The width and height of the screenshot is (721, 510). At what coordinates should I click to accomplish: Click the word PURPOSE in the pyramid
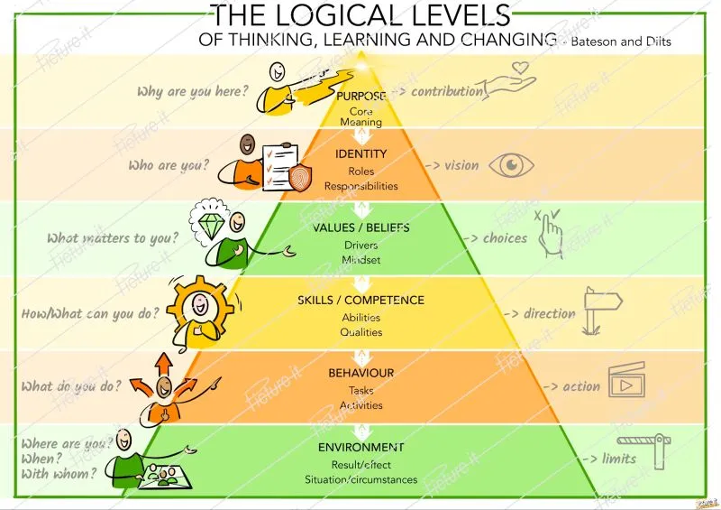361,96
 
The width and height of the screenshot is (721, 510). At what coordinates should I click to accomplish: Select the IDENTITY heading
361,154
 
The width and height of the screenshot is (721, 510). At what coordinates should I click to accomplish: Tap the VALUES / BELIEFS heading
361,227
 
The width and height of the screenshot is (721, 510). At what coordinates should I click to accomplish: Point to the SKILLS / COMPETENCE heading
360,301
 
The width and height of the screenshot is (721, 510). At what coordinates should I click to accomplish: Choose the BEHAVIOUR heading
360,373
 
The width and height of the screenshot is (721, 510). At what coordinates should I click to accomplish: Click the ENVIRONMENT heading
360,447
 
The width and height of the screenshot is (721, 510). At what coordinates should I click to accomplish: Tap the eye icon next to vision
511,165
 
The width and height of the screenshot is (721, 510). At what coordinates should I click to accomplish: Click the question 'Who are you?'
169,166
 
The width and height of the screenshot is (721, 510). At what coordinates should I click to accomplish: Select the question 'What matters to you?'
113,238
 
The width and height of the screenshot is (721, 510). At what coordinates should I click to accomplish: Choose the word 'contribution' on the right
448,91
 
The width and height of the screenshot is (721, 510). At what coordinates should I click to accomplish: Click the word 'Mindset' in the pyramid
361,260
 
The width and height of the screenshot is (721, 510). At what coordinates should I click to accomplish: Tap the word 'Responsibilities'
361,186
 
